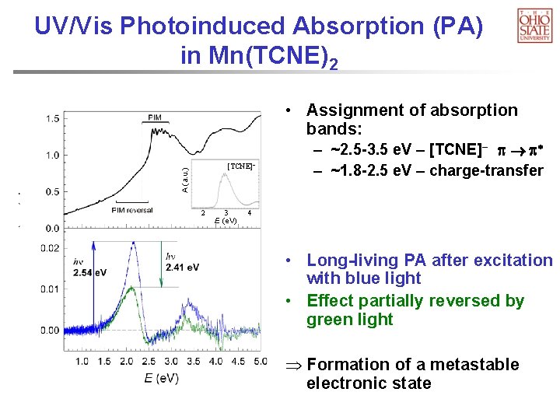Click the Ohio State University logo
click(x=534, y=25)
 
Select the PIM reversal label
click(x=132, y=210)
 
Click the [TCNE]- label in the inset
click(x=240, y=166)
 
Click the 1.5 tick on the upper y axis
click(x=52, y=118)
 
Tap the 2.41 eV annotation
click(x=182, y=268)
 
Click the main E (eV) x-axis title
click(x=161, y=378)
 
